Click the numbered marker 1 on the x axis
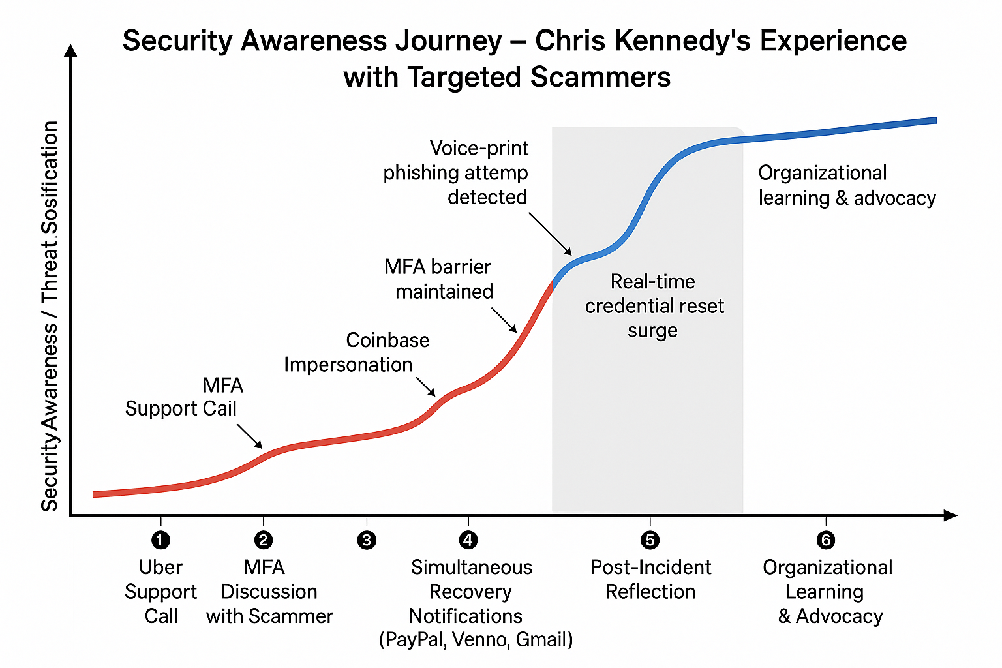click(160, 540)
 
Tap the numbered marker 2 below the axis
click(264, 540)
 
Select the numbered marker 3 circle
click(367, 540)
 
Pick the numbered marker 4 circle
click(468, 540)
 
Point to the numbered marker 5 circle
click(650, 540)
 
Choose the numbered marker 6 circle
click(826, 540)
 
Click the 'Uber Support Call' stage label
click(160, 591)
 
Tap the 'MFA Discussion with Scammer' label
click(269, 591)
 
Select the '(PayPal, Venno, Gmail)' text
click(476, 640)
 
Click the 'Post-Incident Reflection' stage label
click(650, 579)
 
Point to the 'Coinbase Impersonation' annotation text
click(356, 352)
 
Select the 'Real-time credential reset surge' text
click(654, 306)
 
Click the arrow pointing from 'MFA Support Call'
click(250, 436)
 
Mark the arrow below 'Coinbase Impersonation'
click(426, 386)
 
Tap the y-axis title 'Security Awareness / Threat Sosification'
click(50, 316)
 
